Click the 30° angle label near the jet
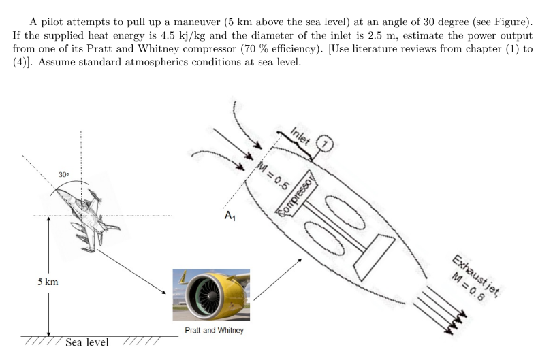(63, 175)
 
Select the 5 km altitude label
(48, 282)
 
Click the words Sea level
(86, 342)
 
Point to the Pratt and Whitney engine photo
(211, 295)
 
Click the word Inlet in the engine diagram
(301, 135)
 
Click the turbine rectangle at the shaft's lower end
(373, 258)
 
